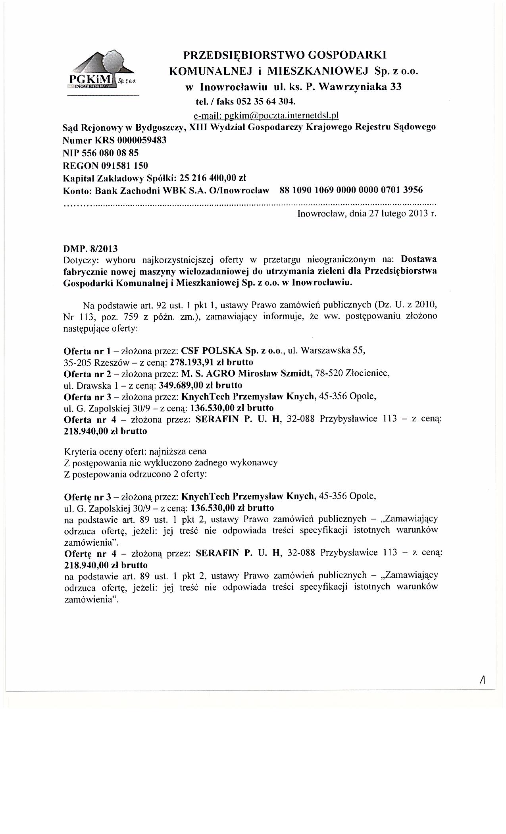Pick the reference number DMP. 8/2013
(x=91, y=249)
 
